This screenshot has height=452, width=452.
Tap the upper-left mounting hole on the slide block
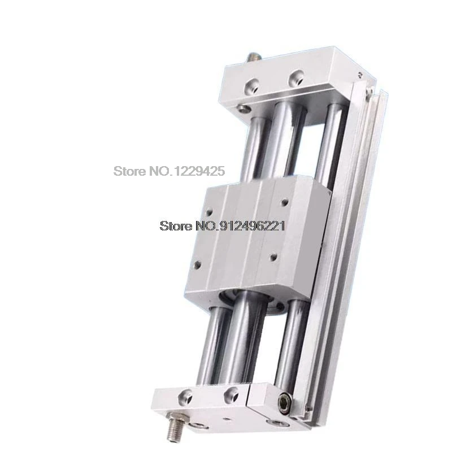tap(208, 214)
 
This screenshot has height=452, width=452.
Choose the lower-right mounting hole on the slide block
tap(273, 258)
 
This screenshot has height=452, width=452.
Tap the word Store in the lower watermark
tap(172, 226)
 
